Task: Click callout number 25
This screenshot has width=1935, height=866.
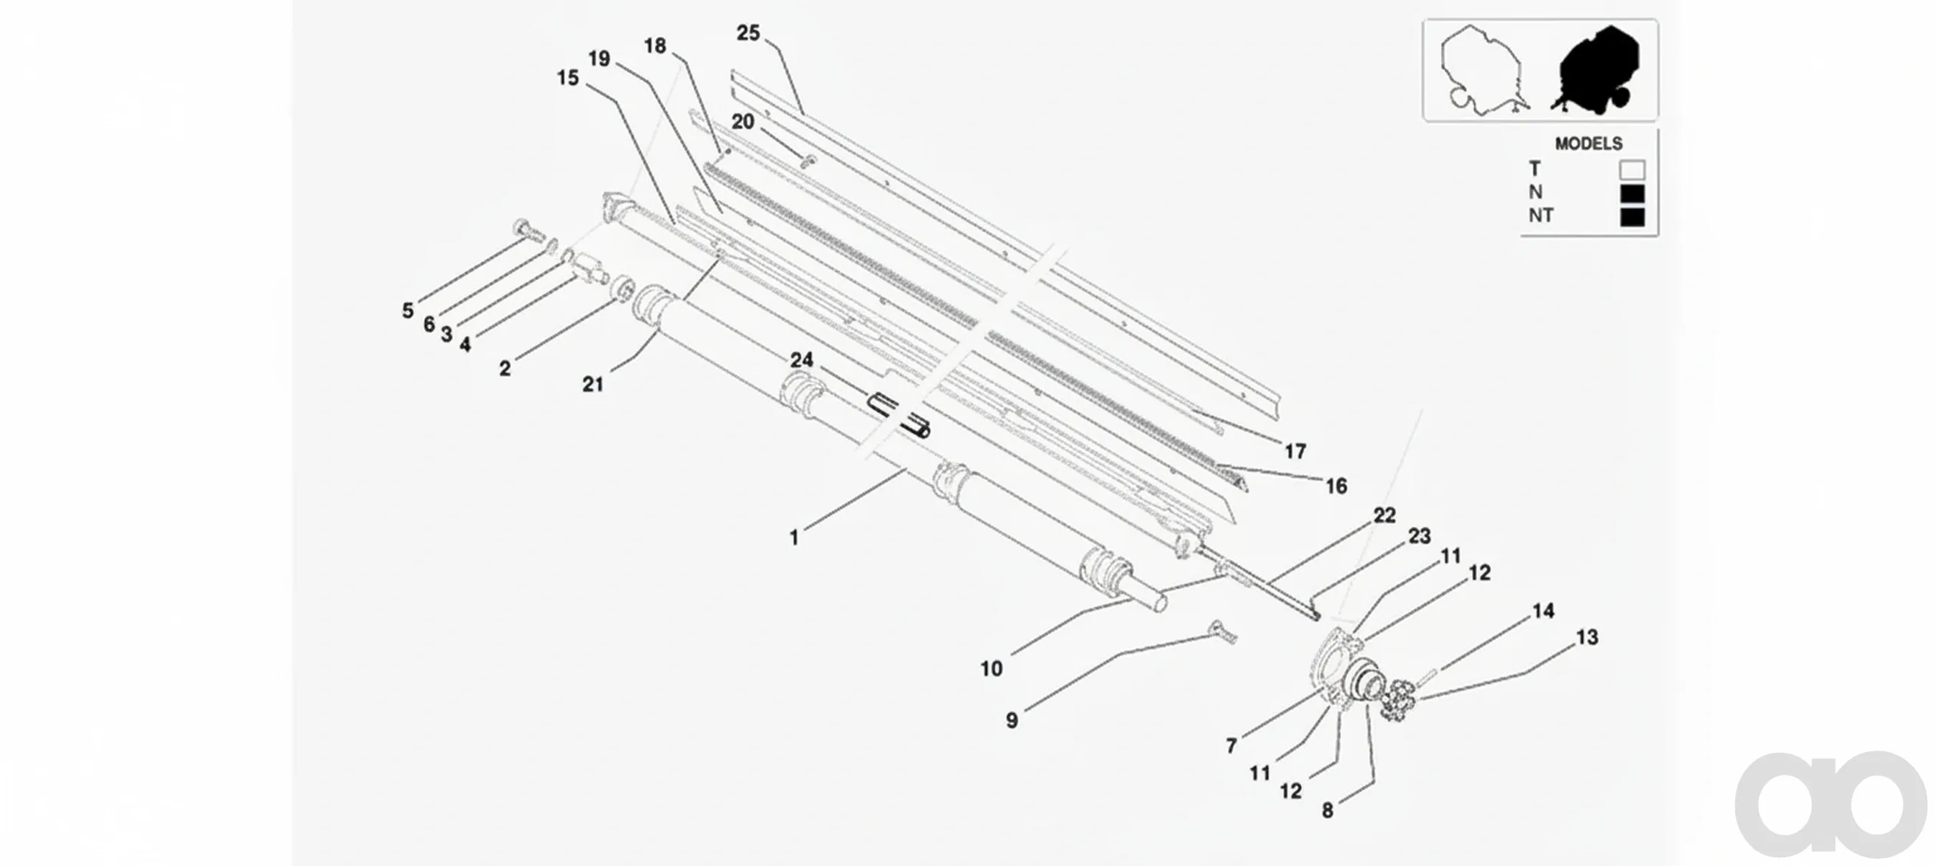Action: [x=748, y=33]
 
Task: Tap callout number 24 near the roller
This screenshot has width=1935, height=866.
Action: [x=802, y=360]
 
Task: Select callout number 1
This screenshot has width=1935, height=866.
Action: [x=794, y=538]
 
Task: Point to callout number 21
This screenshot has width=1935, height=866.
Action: [x=592, y=385]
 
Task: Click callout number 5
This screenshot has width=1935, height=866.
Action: [x=408, y=310]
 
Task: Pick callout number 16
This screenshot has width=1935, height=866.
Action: [x=1335, y=486]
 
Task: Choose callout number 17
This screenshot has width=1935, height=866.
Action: [x=1295, y=451]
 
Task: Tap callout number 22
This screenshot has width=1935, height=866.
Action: [x=1385, y=515]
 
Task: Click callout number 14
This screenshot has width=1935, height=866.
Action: [x=1543, y=611]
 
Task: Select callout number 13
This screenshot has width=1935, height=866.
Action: [x=1587, y=638]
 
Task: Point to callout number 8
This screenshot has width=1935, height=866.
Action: [x=1328, y=811]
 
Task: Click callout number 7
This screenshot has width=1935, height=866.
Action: [x=1231, y=745]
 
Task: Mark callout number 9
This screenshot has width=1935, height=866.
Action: [x=1012, y=721]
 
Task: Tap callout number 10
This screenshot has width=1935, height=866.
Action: [x=991, y=668]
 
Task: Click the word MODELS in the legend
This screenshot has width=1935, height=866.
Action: [x=1588, y=144]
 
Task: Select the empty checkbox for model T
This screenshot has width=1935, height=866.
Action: [x=1632, y=170]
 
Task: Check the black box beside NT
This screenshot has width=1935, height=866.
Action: [x=1632, y=217]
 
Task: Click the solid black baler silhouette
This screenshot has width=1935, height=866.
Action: [x=1595, y=70]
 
